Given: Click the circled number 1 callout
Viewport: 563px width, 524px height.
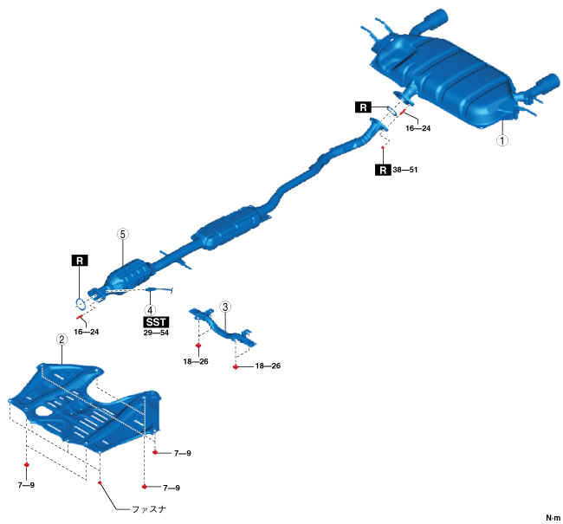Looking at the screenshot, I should (x=501, y=138).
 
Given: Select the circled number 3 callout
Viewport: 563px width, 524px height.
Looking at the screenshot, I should (x=225, y=307).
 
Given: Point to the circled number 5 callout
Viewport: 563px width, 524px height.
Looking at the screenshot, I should (x=123, y=234).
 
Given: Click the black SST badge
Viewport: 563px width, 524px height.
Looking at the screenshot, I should (x=157, y=321).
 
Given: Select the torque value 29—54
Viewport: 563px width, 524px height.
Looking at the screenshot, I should (x=157, y=333).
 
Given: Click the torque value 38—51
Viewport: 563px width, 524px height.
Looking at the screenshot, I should (x=404, y=171).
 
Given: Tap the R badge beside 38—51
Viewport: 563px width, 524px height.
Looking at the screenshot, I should (x=382, y=171).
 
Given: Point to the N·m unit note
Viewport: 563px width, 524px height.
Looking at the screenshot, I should (x=552, y=518).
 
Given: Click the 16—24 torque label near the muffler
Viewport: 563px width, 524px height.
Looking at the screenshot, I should (x=417, y=127).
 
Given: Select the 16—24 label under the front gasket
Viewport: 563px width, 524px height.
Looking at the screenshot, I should (x=87, y=332).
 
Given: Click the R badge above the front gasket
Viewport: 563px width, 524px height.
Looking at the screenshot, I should (x=79, y=259).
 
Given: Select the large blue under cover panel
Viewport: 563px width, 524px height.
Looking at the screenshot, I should (x=87, y=407).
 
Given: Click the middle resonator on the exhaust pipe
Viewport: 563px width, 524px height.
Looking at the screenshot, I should (x=229, y=230).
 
